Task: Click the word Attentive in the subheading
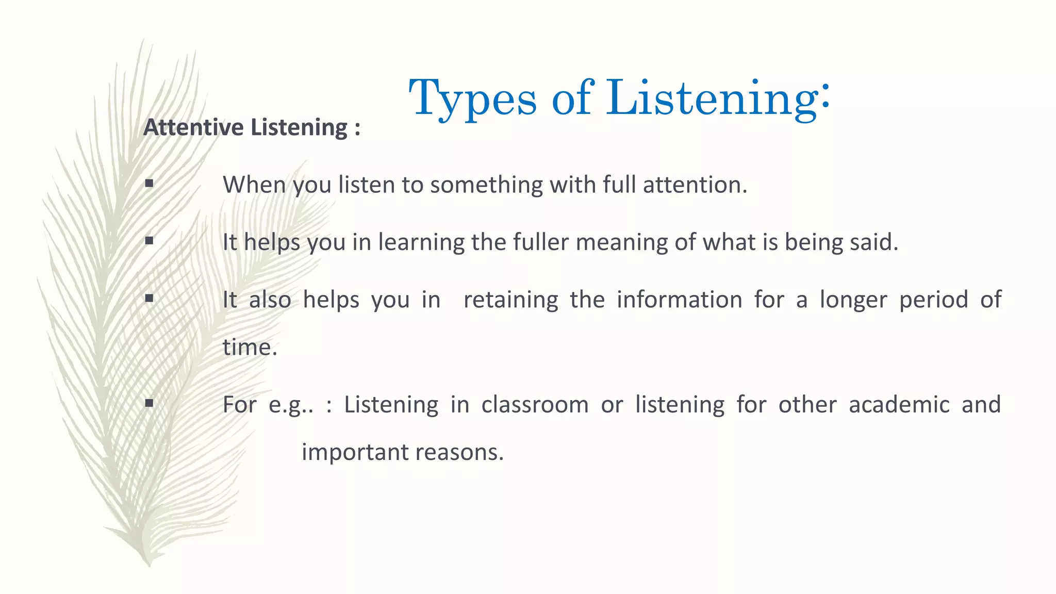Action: (x=194, y=127)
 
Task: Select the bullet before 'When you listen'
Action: (x=150, y=183)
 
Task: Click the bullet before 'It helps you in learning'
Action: (x=150, y=240)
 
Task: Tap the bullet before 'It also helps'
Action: (x=150, y=298)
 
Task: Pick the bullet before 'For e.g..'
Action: (x=150, y=403)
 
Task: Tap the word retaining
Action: (x=510, y=300)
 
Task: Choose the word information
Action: (x=679, y=300)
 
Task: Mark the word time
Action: (x=250, y=347)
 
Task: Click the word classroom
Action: (x=535, y=405)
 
